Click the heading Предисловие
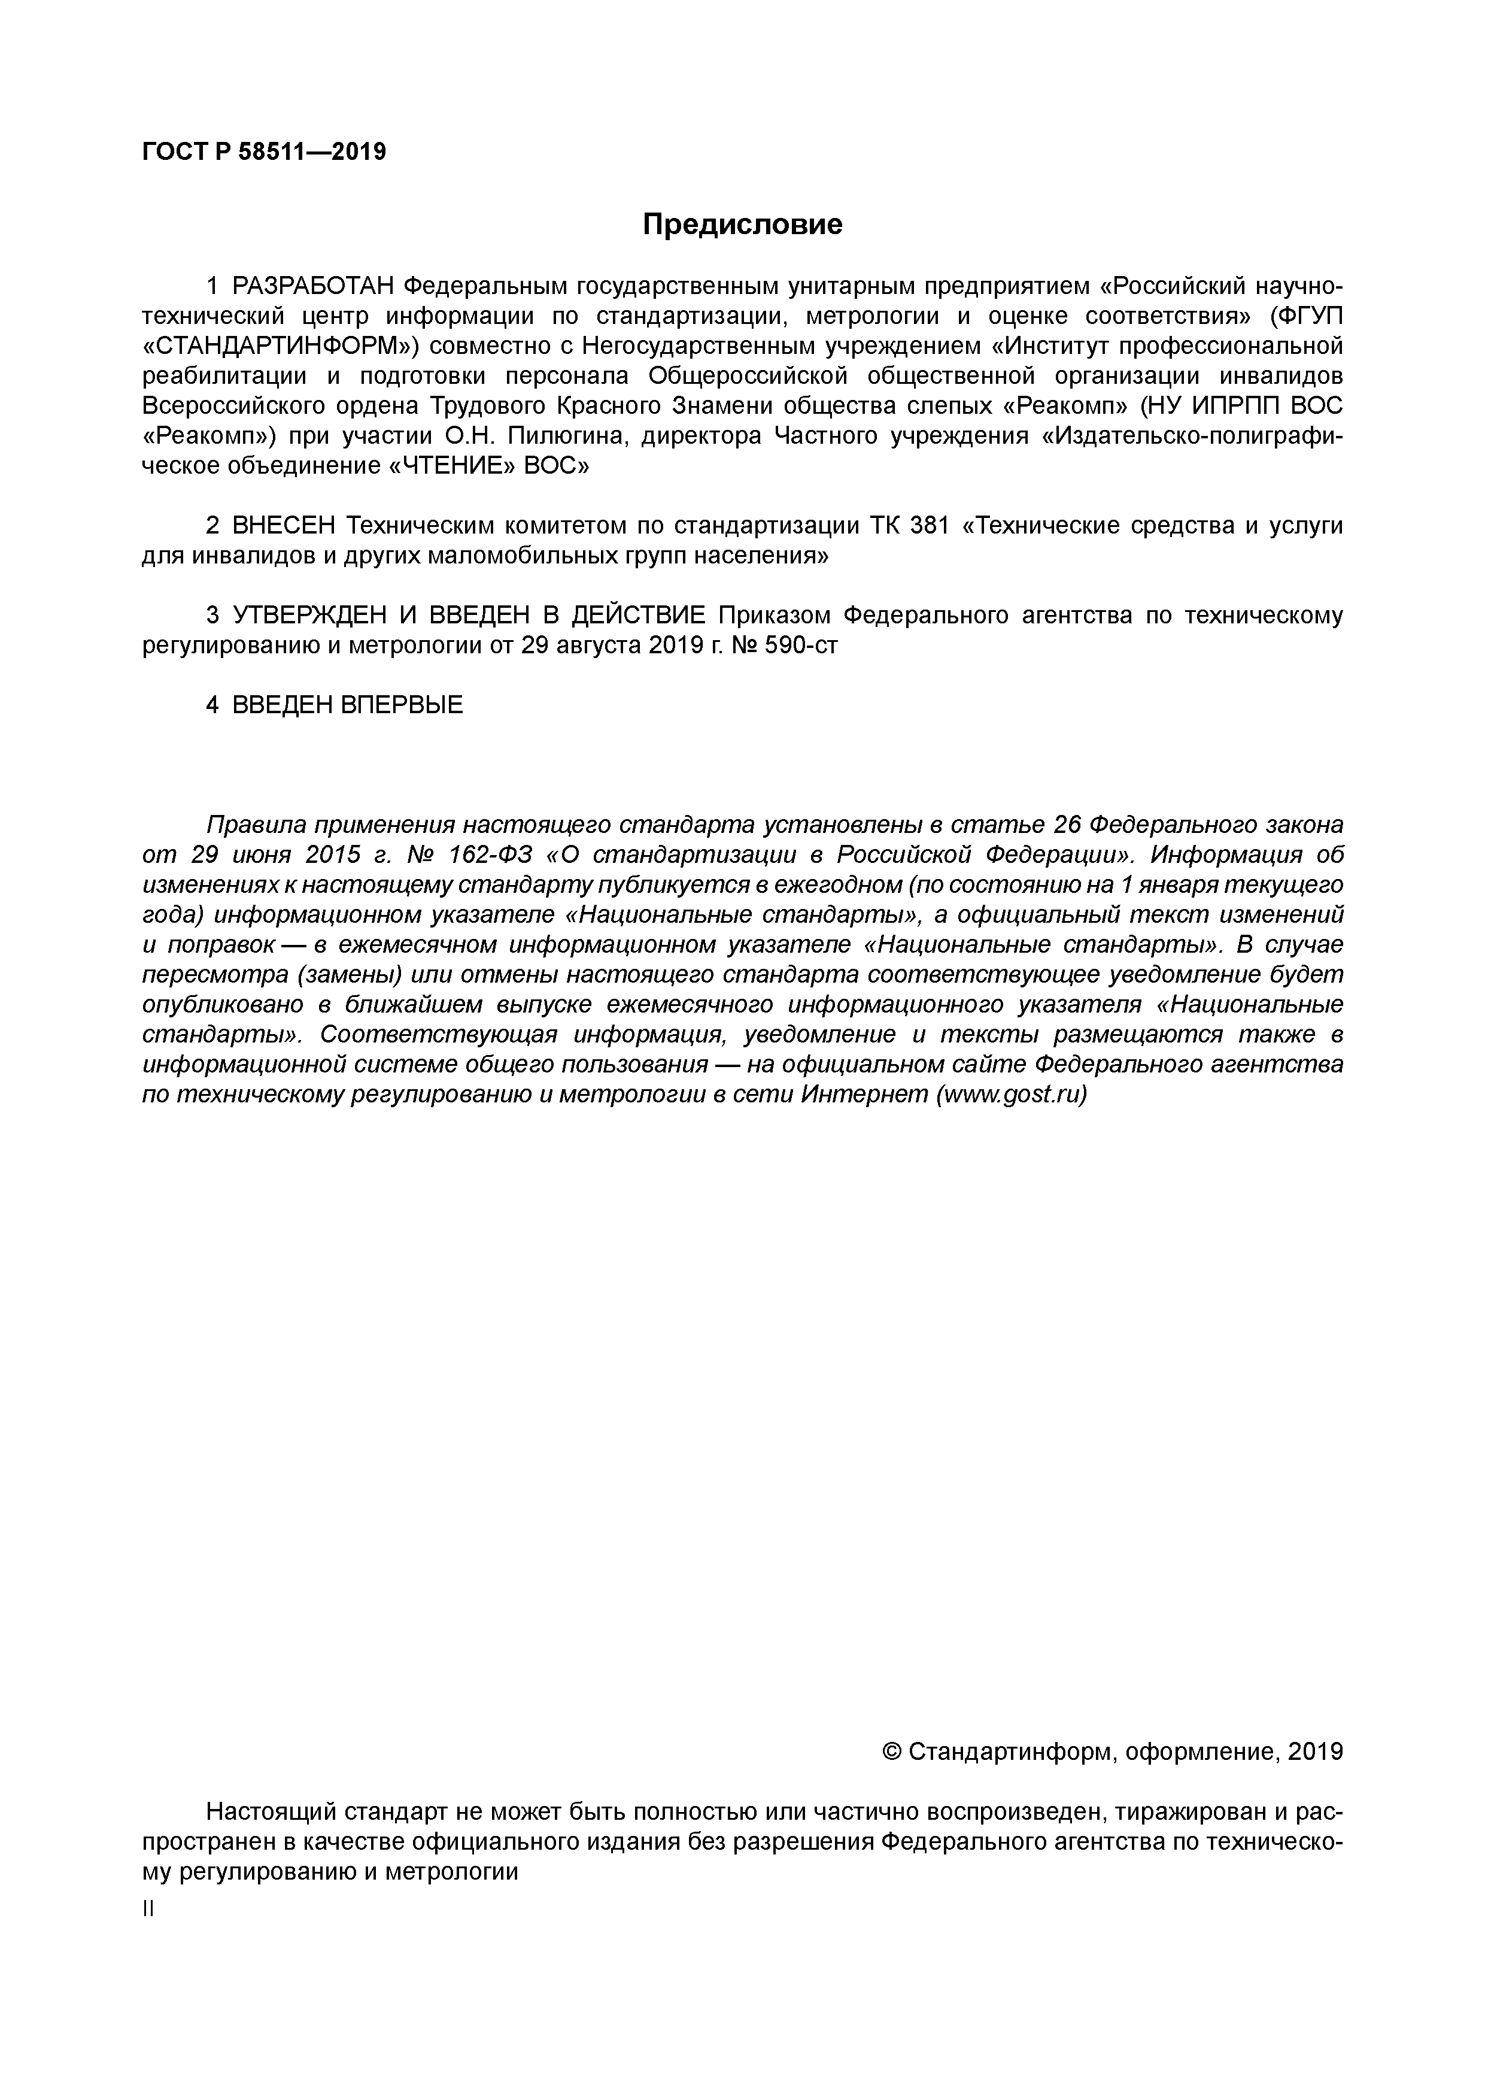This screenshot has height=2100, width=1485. tap(742, 224)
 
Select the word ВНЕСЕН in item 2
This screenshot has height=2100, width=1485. tap(284, 526)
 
